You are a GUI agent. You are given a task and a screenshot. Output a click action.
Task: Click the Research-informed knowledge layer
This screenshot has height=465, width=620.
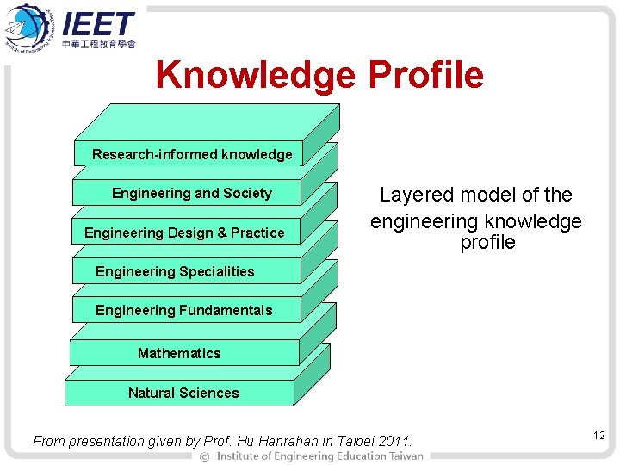pyautogui.click(x=191, y=154)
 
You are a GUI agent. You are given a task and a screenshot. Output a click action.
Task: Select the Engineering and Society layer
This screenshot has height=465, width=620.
pyautogui.click(x=191, y=193)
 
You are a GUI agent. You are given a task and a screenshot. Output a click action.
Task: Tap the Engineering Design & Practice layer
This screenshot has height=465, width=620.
pyautogui.click(x=184, y=232)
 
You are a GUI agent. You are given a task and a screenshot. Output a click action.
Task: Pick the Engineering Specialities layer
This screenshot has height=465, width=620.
pyautogui.click(x=175, y=271)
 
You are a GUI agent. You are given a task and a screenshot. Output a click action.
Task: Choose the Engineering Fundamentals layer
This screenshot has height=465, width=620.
pyautogui.click(x=183, y=310)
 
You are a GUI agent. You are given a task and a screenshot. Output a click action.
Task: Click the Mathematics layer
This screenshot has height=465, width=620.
pyautogui.click(x=179, y=353)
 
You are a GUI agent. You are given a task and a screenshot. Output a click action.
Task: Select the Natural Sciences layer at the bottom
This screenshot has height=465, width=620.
pyautogui.click(x=183, y=393)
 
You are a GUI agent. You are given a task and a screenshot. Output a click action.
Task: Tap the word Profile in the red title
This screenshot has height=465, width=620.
pyautogui.click(x=425, y=76)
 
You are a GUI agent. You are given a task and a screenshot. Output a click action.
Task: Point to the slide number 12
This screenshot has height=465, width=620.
pyautogui.click(x=598, y=437)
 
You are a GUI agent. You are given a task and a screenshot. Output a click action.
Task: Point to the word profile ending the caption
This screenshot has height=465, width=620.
pyautogui.click(x=487, y=243)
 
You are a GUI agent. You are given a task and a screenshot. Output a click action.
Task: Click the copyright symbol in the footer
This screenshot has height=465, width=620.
pyautogui.click(x=204, y=456)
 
